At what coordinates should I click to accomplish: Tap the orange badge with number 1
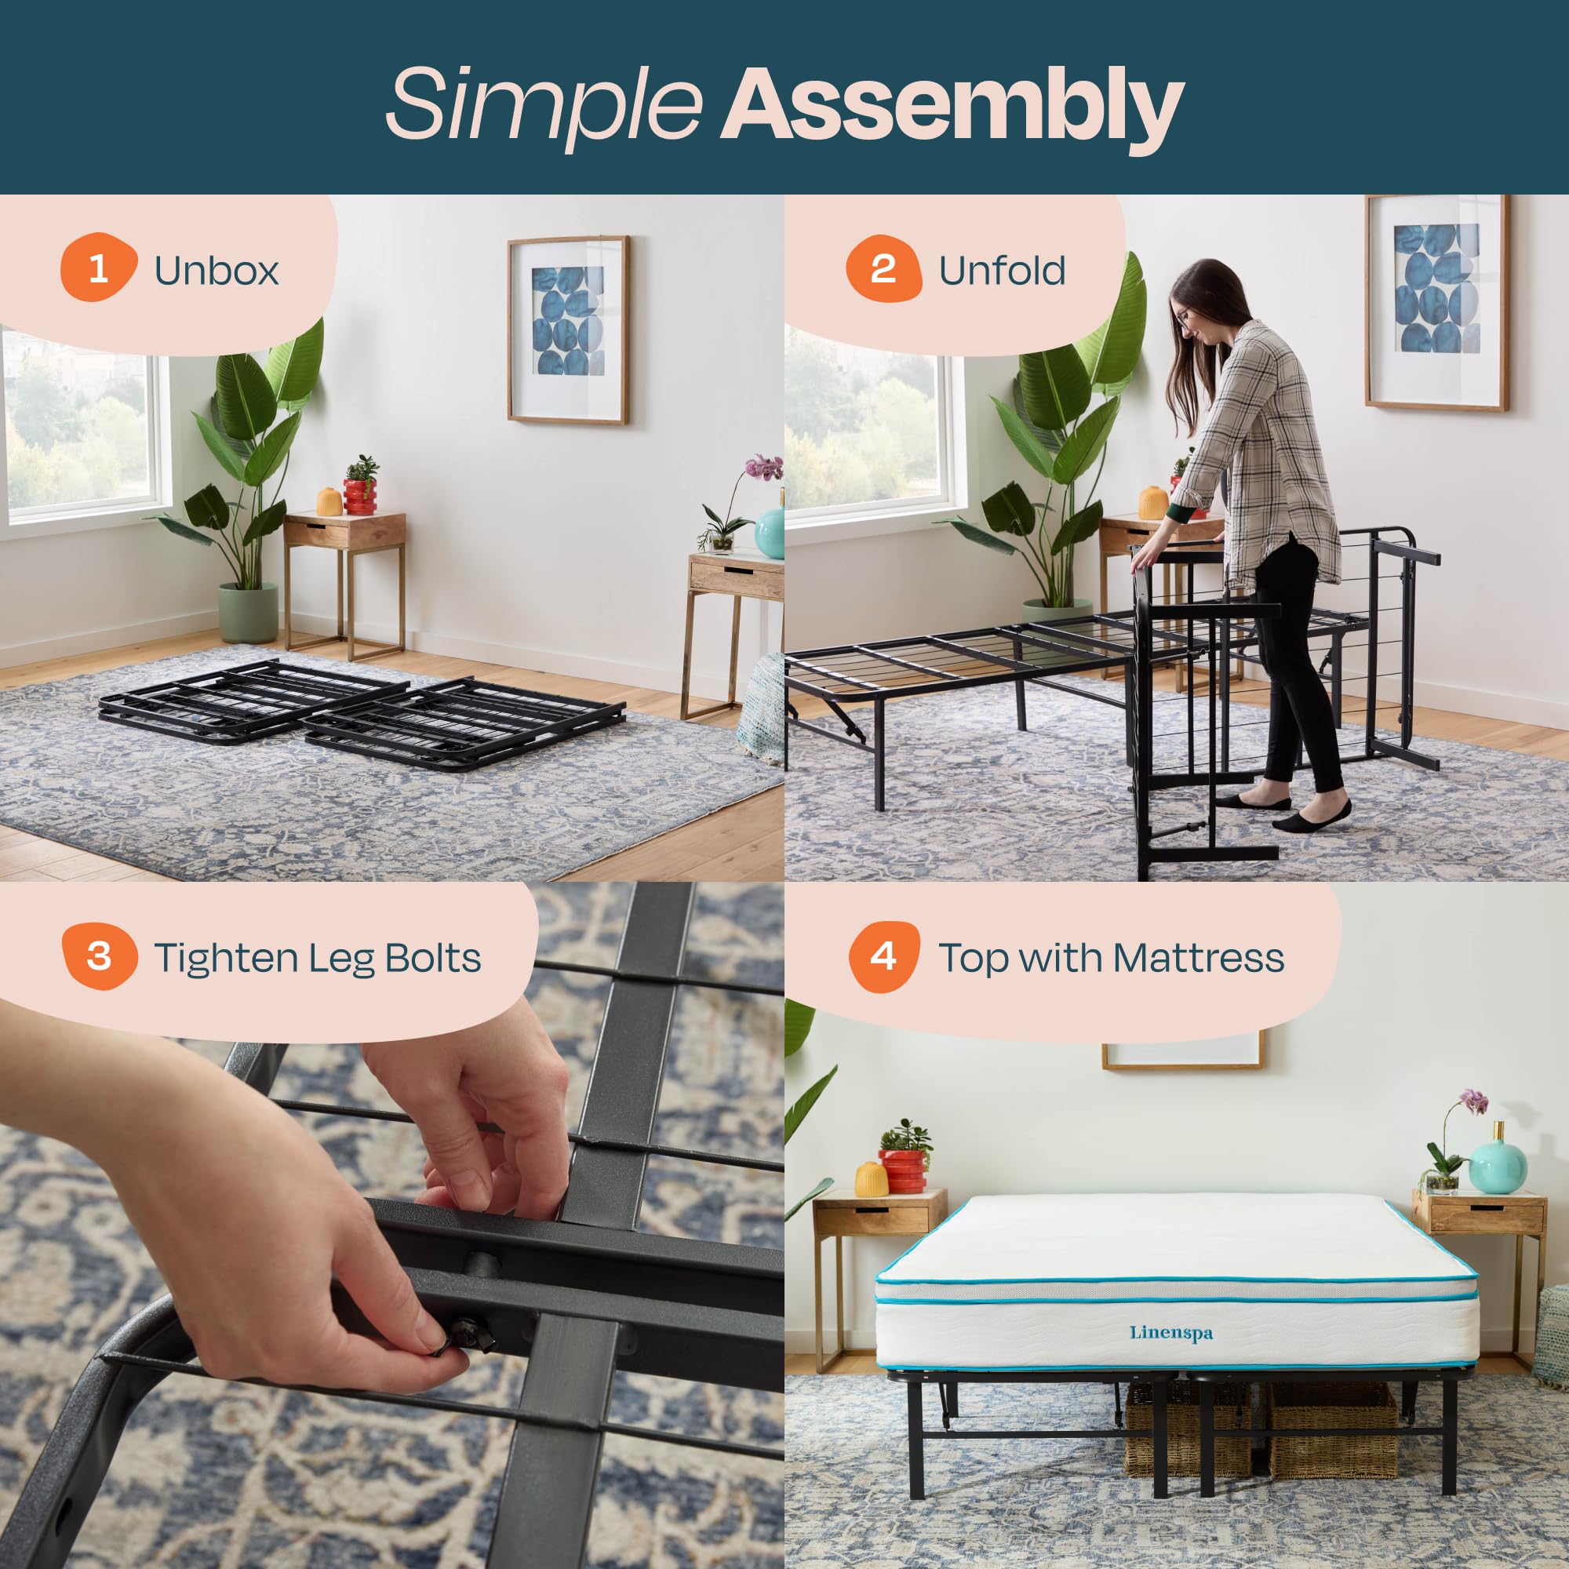[97, 268]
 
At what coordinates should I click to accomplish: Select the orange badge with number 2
[883, 268]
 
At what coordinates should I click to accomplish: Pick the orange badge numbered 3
[99, 956]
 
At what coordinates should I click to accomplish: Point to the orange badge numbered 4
[883, 956]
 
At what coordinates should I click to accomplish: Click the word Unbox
[216, 271]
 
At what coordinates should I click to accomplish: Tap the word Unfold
[1001, 271]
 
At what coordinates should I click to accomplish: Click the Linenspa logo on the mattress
[1171, 1333]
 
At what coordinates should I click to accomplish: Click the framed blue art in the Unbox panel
[569, 329]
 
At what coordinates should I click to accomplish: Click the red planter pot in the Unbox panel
[360, 497]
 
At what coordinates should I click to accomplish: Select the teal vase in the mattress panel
[1498, 1166]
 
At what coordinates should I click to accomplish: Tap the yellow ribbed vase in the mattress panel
[871, 1179]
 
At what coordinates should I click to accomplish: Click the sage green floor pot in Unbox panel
[248, 613]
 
